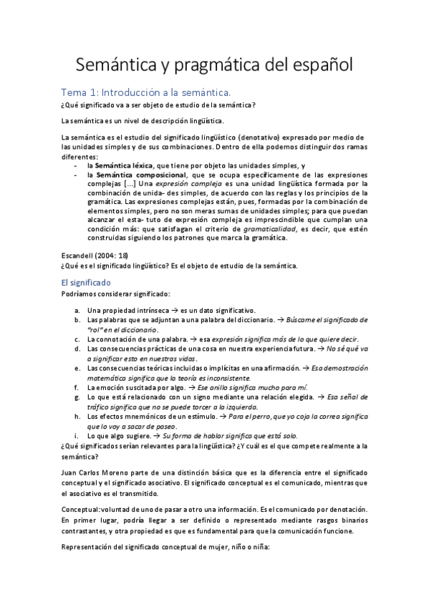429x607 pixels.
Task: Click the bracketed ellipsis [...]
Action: (x=130, y=183)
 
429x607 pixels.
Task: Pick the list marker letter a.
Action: (x=77, y=310)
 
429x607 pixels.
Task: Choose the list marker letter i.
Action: (x=77, y=435)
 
